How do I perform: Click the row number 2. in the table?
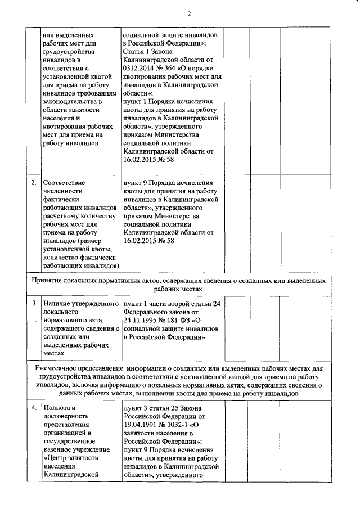click(34, 183)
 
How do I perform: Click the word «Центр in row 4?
click(55, 456)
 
